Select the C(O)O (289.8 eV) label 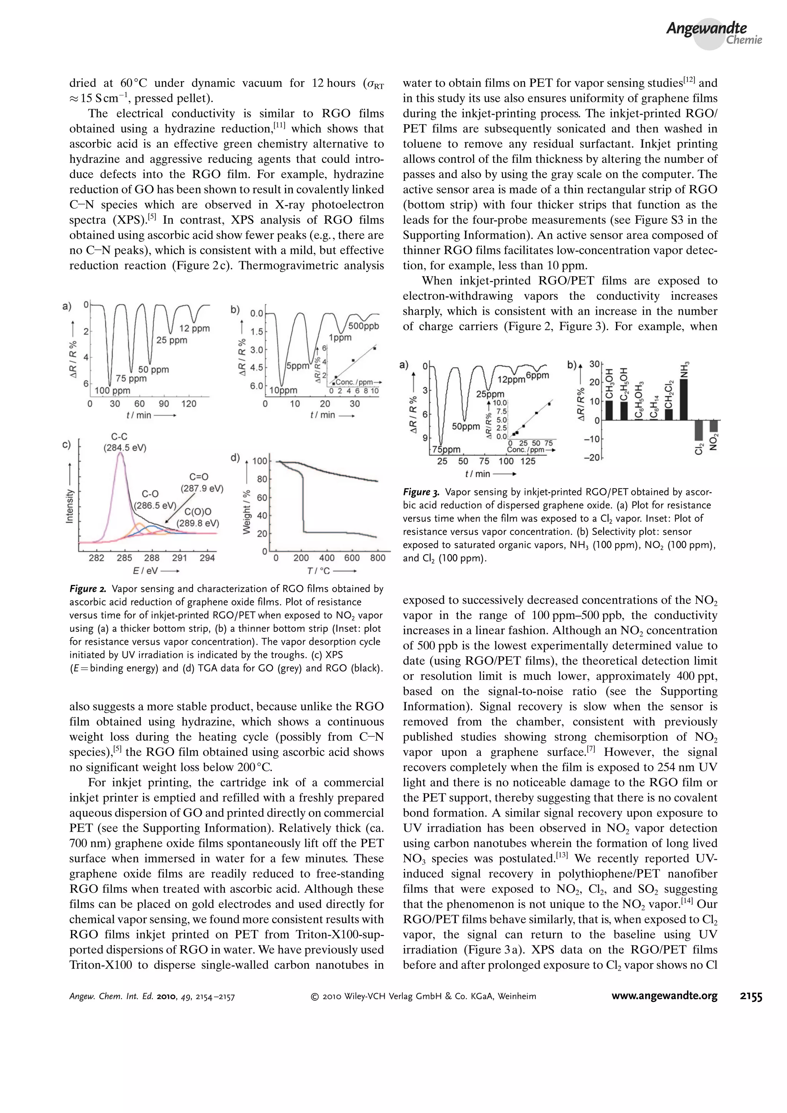(x=198, y=517)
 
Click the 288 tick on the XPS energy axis (x=152, y=558)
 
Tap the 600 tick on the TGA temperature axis (x=352, y=558)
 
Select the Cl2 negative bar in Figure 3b (x=698, y=430)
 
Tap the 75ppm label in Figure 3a (x=446, y=449)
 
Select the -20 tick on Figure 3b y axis (x=593, y=458)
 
